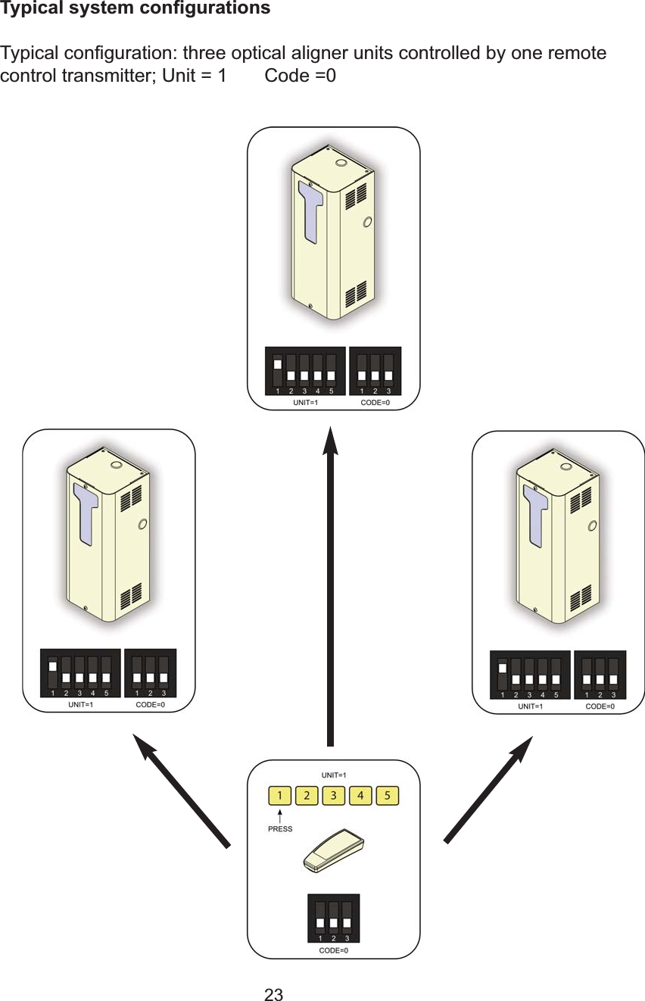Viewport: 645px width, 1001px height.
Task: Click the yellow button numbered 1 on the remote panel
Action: [281, 796]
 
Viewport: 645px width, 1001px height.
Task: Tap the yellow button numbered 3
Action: [333, 796]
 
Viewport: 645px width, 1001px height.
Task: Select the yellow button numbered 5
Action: [387, 796]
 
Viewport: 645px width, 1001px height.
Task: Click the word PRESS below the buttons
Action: [280, 829]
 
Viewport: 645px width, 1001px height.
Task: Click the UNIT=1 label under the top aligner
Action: [305, 403]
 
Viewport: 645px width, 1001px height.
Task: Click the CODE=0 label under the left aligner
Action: [150, 705]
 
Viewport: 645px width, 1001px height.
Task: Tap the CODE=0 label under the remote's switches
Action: [333, 950]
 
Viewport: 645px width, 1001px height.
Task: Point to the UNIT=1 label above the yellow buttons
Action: [333, 775]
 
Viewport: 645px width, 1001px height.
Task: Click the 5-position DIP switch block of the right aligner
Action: [530, 674]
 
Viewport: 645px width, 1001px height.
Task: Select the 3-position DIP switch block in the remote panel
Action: [333, 918]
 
